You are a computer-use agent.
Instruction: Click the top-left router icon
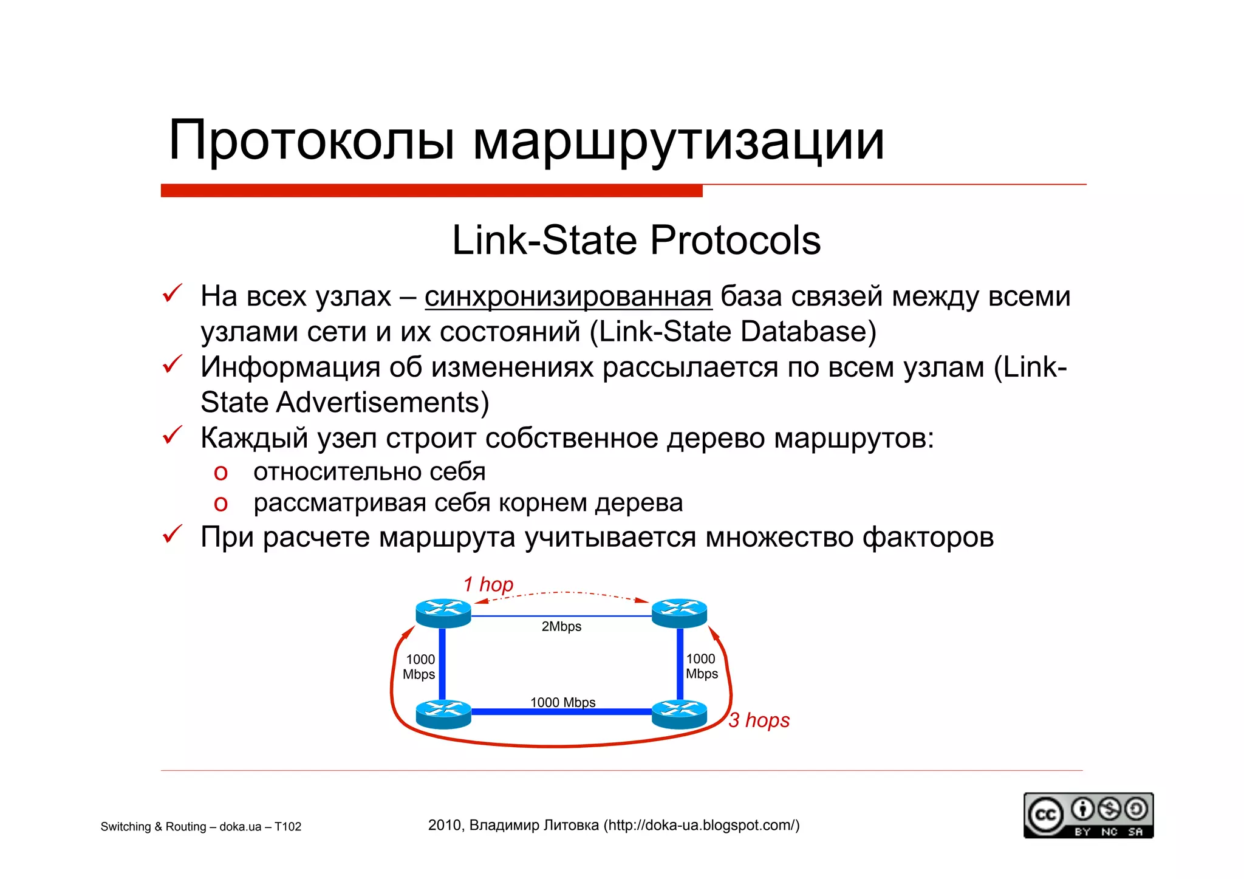pyautogui.click(x=443, y=612)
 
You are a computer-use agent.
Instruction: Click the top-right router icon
pyautogui.click(x=679, y=612)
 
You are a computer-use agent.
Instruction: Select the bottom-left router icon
pyautogui.click(x=443, y=714)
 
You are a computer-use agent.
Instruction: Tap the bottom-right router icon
pyautogui.click(x=679, y=714)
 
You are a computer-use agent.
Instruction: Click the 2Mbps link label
pyautogui.click(x=561, y=626)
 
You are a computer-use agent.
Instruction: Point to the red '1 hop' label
pyautogui.click(x=488, y=584)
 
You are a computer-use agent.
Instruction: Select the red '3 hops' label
pyautogui.click(x=759, y=720)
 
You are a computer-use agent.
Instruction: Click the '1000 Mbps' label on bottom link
pyautogui.click(x=562, y=702)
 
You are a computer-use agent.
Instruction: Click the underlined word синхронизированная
pyautogui.click(x=568, y=296)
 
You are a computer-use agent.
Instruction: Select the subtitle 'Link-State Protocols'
pyautogui.click(x=636, y=240)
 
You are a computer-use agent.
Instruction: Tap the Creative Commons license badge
pyautogui.click(x=1088, y=815)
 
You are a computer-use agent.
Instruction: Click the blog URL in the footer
pyautogui.click(x=702, y=825)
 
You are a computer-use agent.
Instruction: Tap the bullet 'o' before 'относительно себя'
pyautogui.click(x=220, y=473)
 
